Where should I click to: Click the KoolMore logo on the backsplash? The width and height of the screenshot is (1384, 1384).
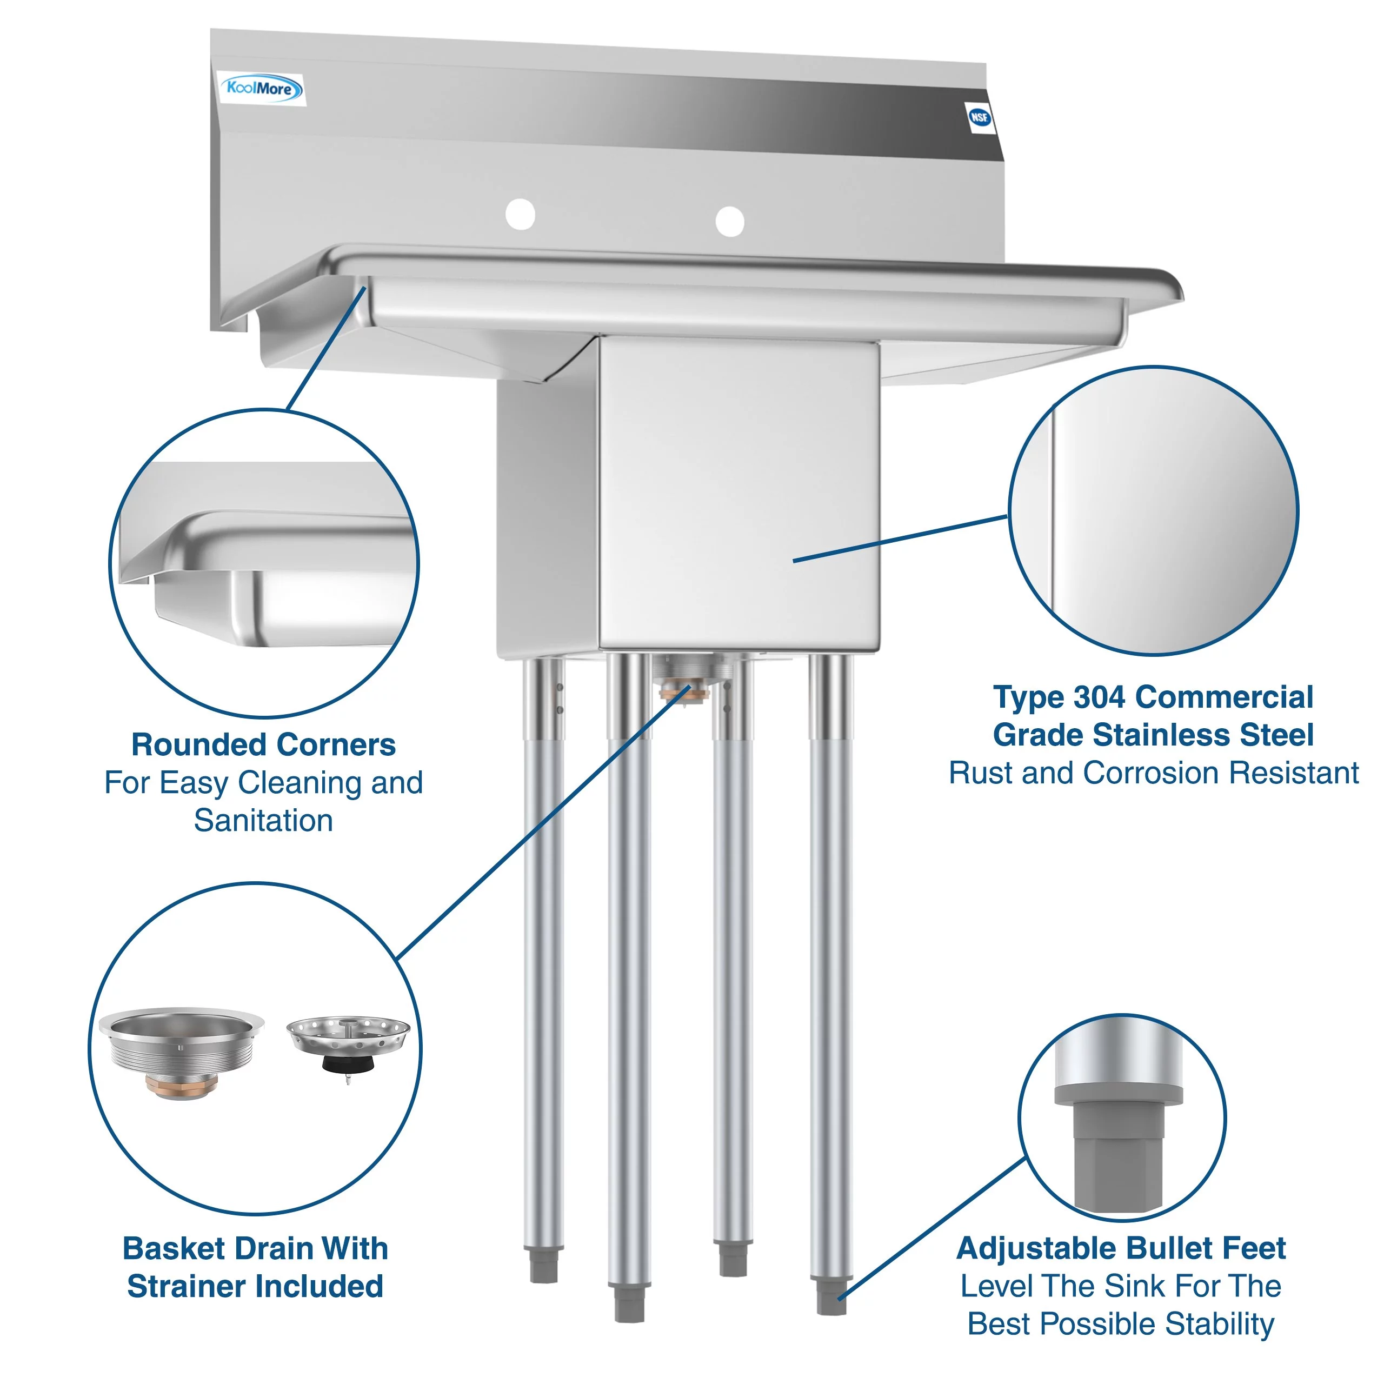(x=261, y=89)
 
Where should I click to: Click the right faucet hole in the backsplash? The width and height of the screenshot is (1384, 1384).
(x=729, y=221)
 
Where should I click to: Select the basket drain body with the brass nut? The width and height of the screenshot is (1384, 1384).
(x=181, y=1049)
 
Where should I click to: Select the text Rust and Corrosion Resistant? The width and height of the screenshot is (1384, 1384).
(x=1153, y=773)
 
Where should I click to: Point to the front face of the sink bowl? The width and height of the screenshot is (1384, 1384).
(x=738, y=494)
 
